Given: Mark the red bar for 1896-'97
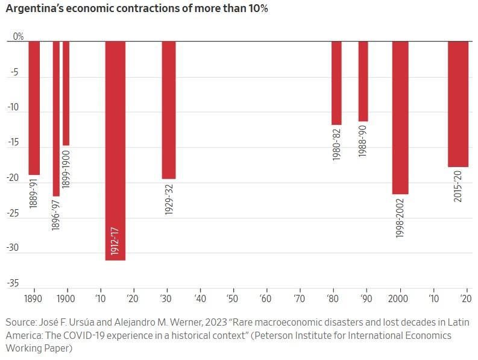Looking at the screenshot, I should (56, 118).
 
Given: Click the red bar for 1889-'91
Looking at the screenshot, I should (34, 108).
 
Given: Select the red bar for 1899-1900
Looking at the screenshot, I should (66, 93).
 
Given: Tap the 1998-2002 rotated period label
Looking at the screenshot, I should (400, 217).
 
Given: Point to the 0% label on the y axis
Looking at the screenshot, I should (18, 37).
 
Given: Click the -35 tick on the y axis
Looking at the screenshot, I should (13, 283).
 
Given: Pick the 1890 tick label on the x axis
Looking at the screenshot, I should (33, 298).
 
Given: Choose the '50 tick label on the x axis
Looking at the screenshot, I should (232, 298).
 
